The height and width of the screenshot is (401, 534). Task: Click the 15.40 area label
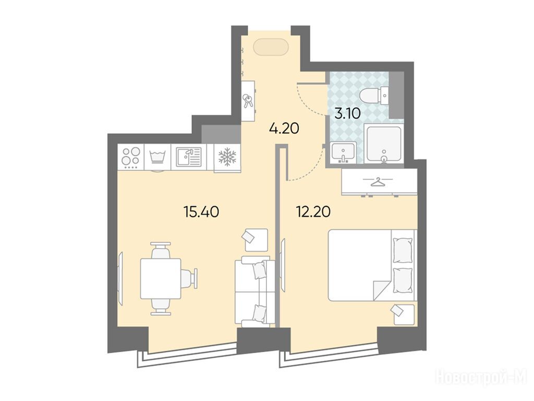point(201,212)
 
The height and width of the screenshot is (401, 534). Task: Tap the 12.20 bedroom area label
point(313,212)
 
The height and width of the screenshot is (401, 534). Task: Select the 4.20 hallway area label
point(284,128)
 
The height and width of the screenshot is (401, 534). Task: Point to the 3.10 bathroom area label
point(347,113)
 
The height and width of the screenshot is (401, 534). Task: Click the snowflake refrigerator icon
point(227,157)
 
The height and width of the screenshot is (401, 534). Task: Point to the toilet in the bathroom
point(375,96)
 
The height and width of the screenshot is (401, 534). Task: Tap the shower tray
point(384,144)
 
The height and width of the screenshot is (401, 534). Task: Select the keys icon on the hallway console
point(248,101)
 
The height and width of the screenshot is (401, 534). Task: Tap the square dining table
point(161,278)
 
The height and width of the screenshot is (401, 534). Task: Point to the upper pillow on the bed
point(403,250)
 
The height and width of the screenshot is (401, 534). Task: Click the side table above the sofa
point(256,240)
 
